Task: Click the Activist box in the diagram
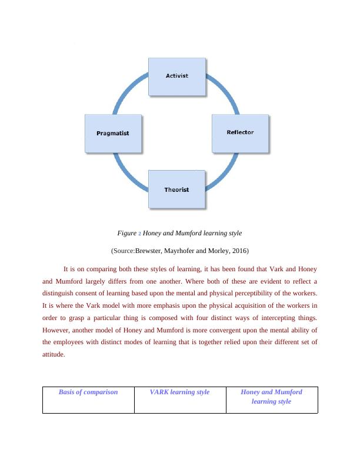(177, 76)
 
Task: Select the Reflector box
(240, 133)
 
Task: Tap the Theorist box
(177, 189)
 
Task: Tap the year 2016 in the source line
(239, 251)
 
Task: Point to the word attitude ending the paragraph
(54, 355)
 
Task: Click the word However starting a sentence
(57, 330)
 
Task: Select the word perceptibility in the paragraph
(257, 293)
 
